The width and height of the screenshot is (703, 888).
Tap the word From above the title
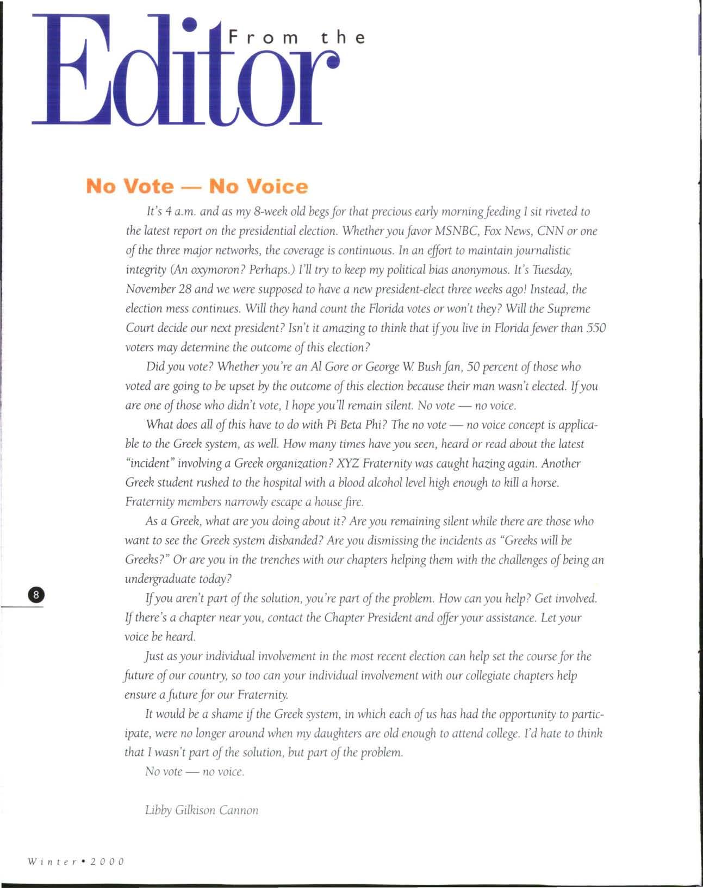click(x=264, y=38)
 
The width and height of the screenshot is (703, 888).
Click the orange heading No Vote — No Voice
click(x=197, y=187)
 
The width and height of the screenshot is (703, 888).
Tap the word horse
click(x=544, y=483)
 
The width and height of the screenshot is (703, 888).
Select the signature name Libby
click(x=158, y=810)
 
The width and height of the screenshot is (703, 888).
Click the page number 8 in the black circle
click(x=36, y=594)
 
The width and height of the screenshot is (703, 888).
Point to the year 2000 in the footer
click(x=108, y=862)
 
